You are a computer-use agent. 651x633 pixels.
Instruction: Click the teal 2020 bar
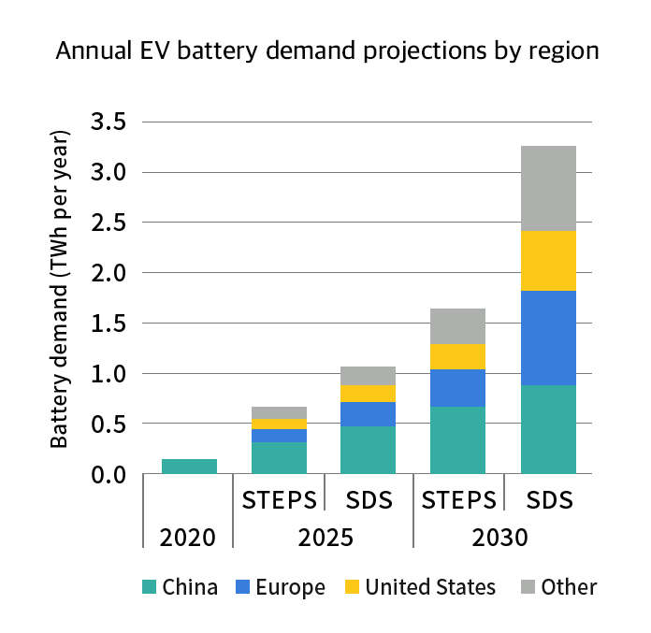189,467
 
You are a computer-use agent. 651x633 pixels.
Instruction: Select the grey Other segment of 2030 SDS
548,188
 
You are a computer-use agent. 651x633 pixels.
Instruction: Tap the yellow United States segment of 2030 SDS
548,261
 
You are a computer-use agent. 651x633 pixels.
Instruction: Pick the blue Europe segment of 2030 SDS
548,338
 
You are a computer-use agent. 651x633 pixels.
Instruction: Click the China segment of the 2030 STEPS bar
457,440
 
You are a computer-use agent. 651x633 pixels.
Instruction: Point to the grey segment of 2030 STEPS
457,326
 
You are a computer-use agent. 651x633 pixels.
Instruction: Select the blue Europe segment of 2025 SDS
368,414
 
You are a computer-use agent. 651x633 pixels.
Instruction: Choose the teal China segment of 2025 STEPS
279,458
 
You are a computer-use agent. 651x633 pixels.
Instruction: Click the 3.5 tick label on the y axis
109,122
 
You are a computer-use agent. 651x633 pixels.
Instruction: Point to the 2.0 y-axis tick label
109,273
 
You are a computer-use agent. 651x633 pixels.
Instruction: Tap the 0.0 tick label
109,475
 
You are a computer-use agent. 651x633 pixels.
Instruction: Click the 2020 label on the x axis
188,539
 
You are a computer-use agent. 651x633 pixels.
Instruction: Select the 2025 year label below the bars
324,539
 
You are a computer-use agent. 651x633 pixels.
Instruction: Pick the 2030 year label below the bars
502,539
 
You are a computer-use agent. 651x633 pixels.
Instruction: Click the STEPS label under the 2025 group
279,500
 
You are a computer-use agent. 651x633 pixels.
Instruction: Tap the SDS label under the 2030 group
548,500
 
